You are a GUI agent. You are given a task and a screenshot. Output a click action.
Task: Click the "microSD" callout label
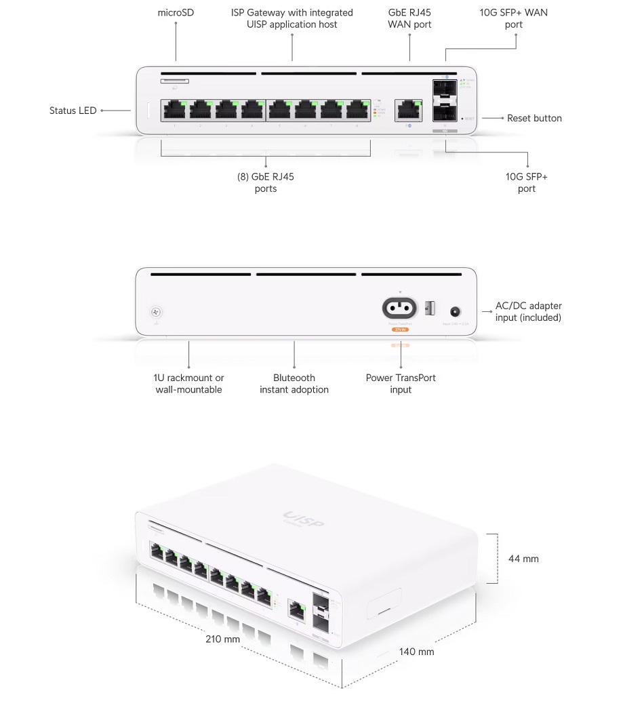[x=176, y=12]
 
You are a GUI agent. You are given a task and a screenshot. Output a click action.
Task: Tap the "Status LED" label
[x=73, y=111]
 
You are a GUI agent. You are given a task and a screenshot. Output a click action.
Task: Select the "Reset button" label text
[x=534, y=118]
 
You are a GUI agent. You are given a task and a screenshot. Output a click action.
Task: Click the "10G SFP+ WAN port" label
[x=513, y=18]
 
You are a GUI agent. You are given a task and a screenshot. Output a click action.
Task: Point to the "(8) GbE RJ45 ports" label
[x=266, y=182]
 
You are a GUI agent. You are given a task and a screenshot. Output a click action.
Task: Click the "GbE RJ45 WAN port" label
[x=409, y=18]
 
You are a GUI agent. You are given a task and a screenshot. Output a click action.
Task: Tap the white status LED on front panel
[x=150, y=111]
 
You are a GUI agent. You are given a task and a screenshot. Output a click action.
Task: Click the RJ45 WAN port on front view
[x=408, y=109]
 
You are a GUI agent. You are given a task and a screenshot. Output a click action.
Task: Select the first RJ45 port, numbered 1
[x=175, y=110]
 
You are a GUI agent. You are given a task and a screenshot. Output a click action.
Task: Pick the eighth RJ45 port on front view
[x=357, y=110]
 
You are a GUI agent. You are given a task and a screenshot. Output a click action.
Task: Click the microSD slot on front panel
[x=175, y=81]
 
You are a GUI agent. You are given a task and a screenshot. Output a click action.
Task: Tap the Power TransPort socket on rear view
[x=400, y=309]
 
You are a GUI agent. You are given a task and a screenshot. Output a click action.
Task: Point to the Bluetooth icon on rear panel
[x=157, y=313]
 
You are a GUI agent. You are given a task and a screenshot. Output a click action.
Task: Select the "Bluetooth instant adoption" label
[x=294, y=384]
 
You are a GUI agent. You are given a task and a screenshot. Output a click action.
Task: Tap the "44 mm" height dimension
[x=523, y=559]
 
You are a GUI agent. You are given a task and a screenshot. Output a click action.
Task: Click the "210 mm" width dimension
[x=223, y=639]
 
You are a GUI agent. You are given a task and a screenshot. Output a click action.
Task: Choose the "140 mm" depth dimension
[x=416, y=652]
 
